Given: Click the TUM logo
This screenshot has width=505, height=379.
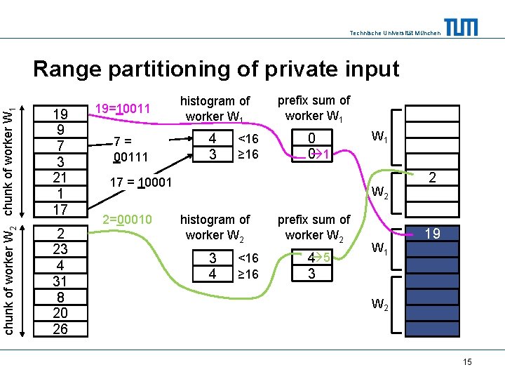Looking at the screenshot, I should pos(461,27).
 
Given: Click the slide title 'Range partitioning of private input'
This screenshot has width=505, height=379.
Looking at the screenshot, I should pos(216,69).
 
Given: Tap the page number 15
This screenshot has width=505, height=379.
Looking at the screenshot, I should pos(467,361).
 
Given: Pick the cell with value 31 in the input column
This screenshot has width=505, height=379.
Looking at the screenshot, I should pos(60,281).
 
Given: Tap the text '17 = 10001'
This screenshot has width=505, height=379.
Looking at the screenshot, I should pos(141,183).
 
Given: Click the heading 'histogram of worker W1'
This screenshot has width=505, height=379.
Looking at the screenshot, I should pos(215,108).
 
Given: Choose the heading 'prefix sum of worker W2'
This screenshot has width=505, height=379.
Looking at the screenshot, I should pos(314,227).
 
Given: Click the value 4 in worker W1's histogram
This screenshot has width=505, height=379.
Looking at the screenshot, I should pos(213,139).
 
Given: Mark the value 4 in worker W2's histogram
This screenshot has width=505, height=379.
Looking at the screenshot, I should pos(213,274).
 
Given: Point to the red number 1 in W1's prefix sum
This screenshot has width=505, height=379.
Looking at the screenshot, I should pos(327,154).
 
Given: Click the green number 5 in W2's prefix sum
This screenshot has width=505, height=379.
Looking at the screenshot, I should pos(326,258).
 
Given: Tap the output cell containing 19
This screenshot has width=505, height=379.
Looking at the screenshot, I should pos(433,234).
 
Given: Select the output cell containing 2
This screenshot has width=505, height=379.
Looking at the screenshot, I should pos(433,178).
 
